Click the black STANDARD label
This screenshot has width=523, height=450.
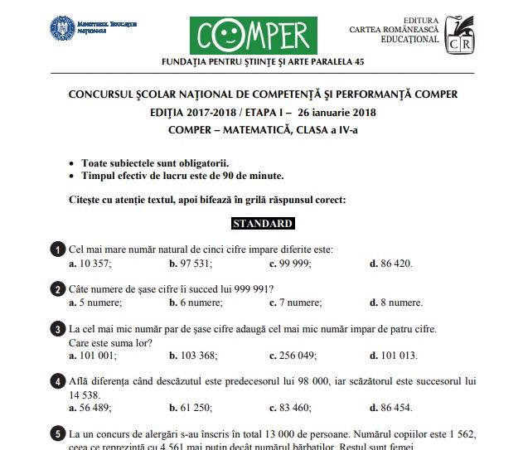pos(262,224)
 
